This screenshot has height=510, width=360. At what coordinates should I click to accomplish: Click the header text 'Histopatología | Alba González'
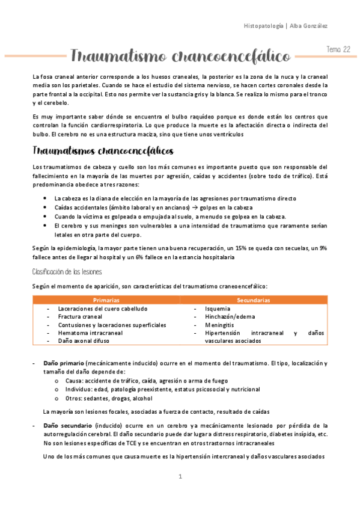(x=285, y=26)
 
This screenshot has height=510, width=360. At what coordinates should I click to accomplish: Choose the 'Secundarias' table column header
(x=253, y=300)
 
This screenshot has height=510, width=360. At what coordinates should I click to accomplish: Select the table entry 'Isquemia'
(x=216, y=309)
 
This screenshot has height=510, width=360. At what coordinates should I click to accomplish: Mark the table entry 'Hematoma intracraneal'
(x=90, y=333)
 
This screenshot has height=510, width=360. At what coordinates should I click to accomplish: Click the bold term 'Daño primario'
(x=64, y=364)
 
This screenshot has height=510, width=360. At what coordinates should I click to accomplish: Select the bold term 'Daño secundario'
(x=67, y=425)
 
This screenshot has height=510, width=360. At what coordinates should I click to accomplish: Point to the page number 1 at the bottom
(x=180, y=478)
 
